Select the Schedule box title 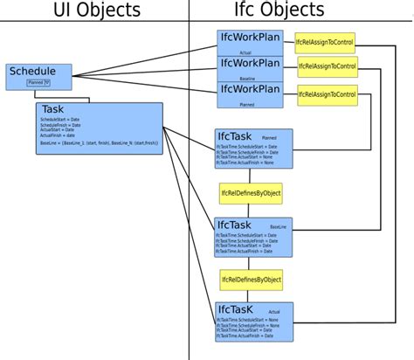click(31, 72)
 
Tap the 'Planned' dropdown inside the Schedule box click(38, 83)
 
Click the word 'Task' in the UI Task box click(53, 110)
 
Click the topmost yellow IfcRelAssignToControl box click(326, 42)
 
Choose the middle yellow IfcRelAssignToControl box click(328, 67)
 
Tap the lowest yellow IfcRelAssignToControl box click(328, 93)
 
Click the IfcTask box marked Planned click(253, 148)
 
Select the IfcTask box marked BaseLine click(253, 236)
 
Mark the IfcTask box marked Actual click(253, 321)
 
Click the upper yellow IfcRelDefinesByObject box click(251, 192)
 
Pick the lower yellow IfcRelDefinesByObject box click(251, 280)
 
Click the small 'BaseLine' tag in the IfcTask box click(278, 225)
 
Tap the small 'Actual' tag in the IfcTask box click(274, 311)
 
